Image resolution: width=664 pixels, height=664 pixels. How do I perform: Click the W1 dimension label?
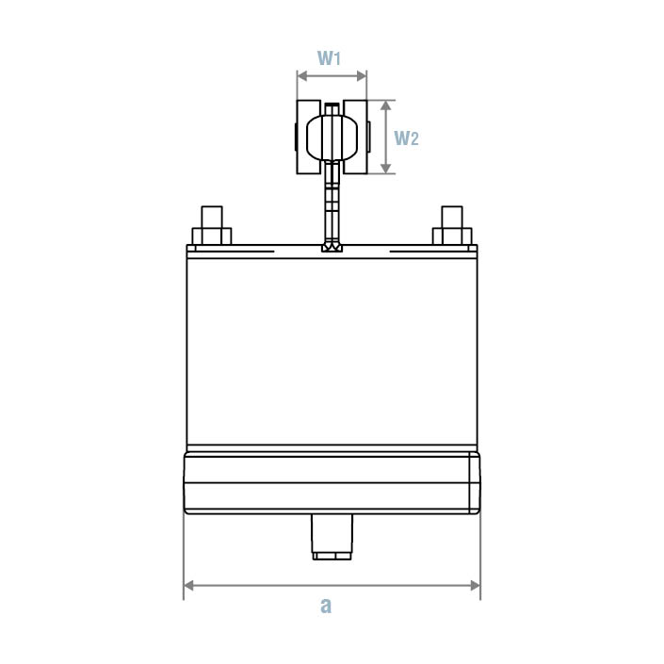point(329,57)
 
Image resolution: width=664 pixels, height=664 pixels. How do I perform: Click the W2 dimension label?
point(406,138)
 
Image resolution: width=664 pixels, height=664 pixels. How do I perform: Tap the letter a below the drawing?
point(326,606)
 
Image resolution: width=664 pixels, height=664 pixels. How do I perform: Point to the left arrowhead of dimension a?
point(187,586)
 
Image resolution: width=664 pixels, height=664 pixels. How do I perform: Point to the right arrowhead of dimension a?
point(476,586)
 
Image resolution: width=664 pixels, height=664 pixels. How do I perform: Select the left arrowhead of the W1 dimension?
point(300,76)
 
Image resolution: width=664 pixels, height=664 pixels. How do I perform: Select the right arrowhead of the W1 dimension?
point(363,76)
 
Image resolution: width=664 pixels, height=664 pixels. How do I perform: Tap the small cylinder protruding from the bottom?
point(332,537)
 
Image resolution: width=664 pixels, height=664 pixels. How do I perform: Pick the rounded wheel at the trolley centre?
point(332,137)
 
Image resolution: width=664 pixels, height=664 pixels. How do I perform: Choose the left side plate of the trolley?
point(309,138)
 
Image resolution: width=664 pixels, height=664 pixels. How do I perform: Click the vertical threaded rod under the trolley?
point(331,202)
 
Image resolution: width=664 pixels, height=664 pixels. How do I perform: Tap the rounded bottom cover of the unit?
point(332,482)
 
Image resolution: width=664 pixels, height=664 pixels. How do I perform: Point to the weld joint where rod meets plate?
point(332,249)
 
